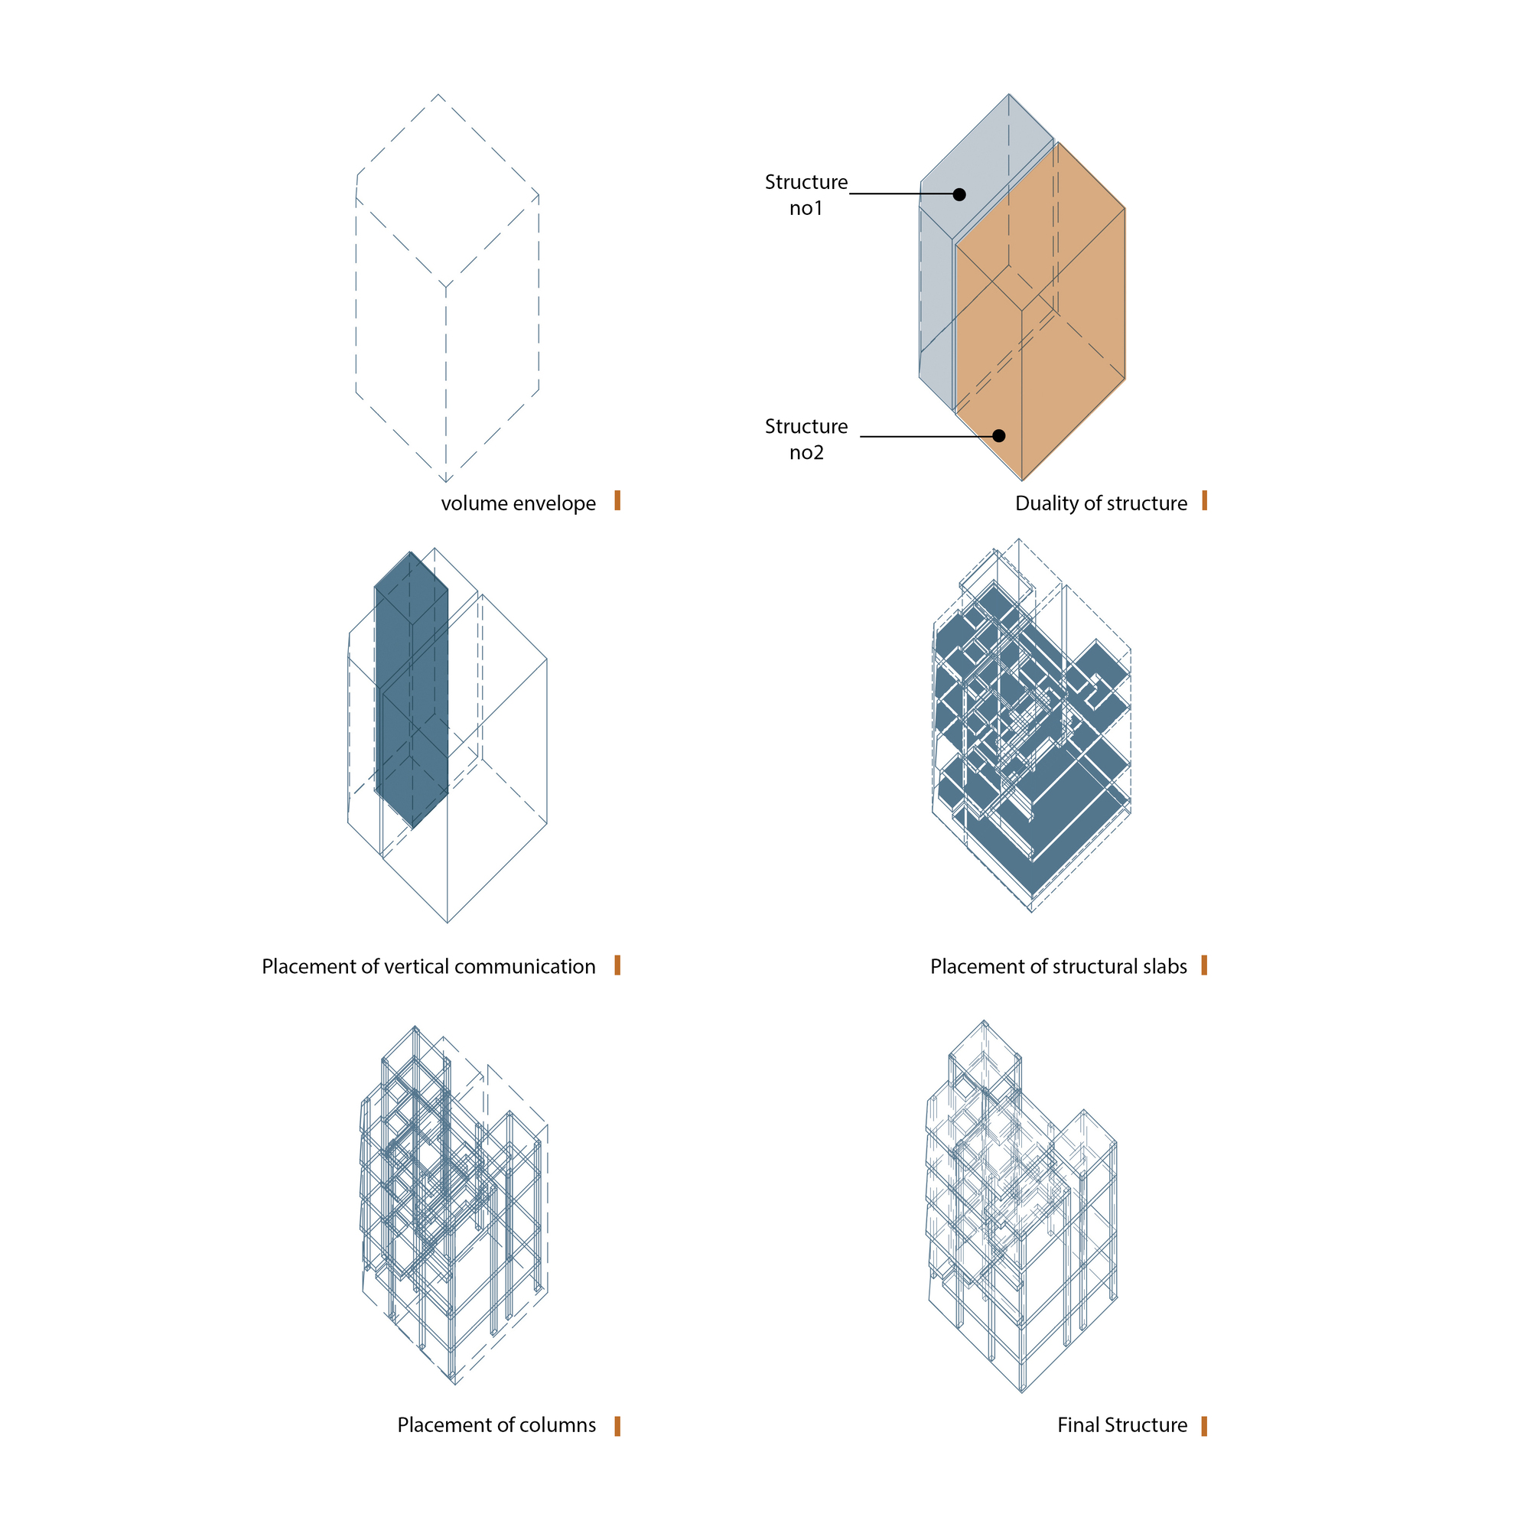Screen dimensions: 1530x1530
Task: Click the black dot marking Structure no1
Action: (959, 194)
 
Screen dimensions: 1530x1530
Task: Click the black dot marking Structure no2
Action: (998, 435)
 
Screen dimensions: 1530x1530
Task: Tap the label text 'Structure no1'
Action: (806, 195)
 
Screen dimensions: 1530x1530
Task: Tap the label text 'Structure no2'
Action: (806, 438)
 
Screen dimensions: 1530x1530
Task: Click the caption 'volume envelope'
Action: (518, 503)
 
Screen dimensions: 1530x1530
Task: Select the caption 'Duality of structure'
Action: (1101, 503)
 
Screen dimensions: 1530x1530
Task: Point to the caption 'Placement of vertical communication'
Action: (428, 967)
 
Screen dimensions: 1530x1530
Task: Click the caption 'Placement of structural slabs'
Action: (1058, 967)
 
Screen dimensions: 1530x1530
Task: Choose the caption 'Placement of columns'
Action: (496, 1425)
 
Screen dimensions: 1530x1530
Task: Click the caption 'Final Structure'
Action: (1122, 1425)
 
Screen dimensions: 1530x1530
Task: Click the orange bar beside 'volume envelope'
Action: (617, 500)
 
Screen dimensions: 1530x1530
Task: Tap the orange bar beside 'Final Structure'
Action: (1203, 1425)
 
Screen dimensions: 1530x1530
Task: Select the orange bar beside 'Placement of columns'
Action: (617, 1425)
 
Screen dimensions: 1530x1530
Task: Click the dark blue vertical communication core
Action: (412, 697)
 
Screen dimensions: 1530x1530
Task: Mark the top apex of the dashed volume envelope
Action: (438, 95)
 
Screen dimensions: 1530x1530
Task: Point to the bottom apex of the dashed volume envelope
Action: (446, 480)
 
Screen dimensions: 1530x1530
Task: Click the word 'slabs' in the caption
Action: (1165, 967)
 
